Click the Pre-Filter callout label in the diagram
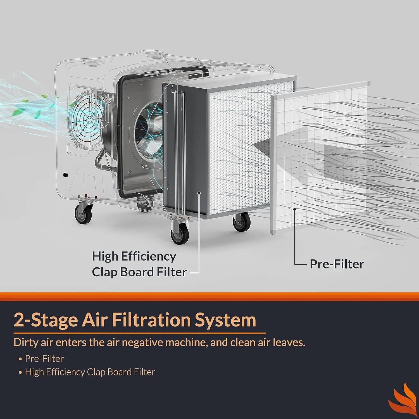pyautogui.click(x=337, y=264)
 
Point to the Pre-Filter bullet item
pyautogui.click(x=44, y=359)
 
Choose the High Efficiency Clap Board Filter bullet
pyautogui.click(x=90, y=372)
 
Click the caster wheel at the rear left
pyautogui.click(x=83, y=214)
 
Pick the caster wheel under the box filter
pyautogui.click(x=241, y=221)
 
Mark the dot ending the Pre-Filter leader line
pyautogui.click(x=294, y=209)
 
